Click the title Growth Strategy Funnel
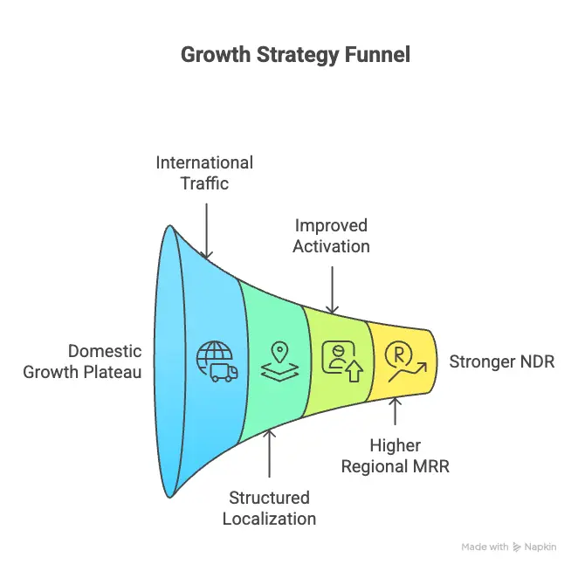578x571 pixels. pos(295,54)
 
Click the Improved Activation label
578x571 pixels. pos(331,236)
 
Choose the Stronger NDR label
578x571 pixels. pos(501,361)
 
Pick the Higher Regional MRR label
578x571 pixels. pos(395,456)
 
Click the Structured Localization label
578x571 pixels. pos(269,507)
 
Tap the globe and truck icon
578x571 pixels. pos(217,361)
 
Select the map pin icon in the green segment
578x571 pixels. pos(279,361)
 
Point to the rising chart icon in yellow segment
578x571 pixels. pos(404,361)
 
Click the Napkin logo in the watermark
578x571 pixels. pos(519,547)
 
